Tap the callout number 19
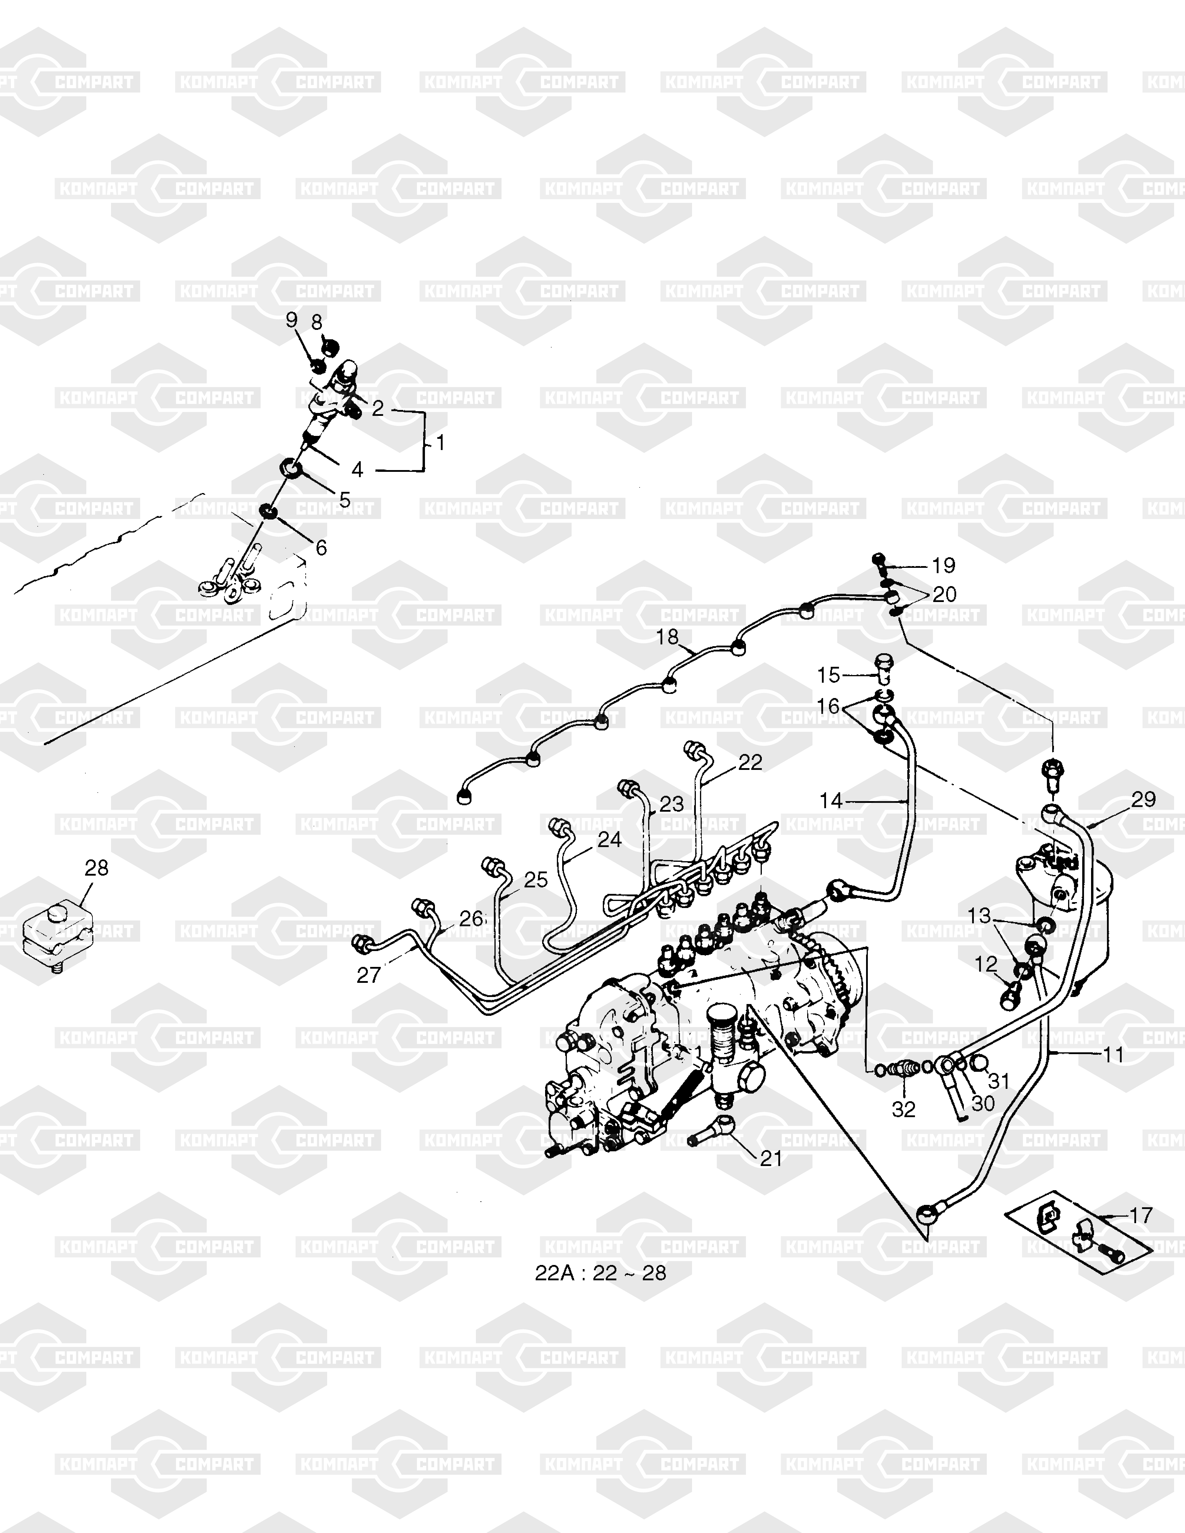[944, 565]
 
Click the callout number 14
[830, 800]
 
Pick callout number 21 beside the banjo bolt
[771, 1158]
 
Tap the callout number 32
[903, 1109]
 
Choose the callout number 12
[986, 964]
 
